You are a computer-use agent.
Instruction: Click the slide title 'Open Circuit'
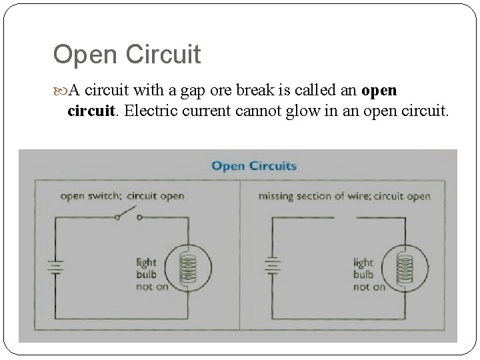click(127, 55)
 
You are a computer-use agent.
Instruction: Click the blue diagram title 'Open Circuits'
click(254, 165)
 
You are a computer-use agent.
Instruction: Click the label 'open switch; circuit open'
click(122, 196)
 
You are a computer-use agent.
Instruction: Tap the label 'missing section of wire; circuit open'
click(344, 196)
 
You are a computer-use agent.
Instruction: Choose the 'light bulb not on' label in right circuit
click(369, 273)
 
